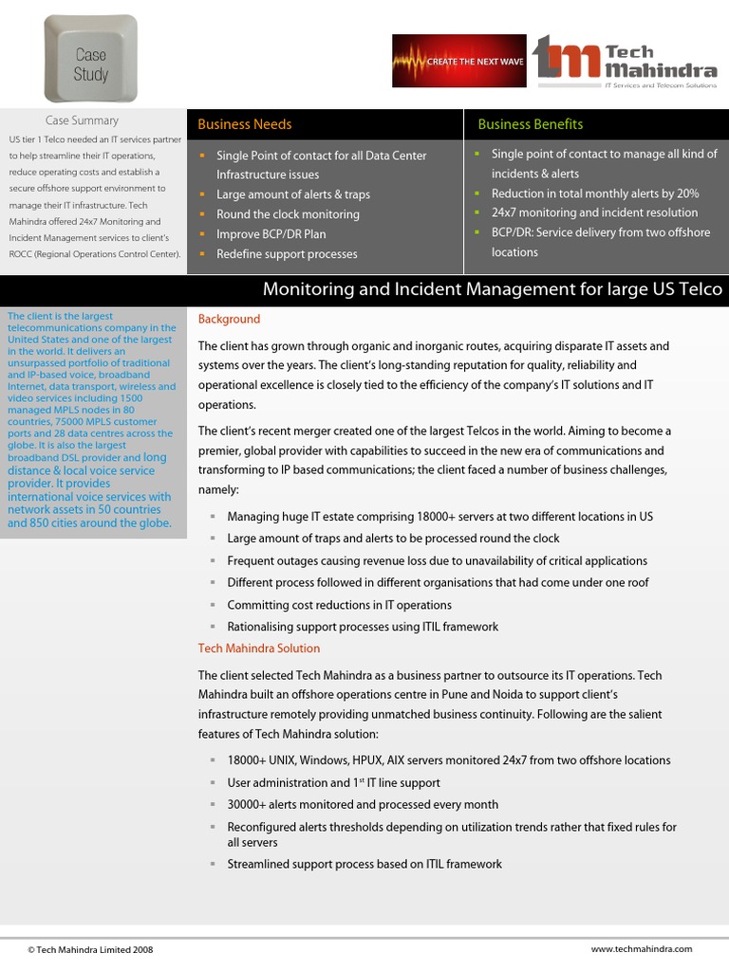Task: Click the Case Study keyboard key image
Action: (90, 59)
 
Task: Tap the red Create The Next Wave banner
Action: (459, 62)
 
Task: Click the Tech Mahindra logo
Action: (625, 62)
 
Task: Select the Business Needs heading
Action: (245, 124)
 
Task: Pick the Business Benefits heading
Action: (530, 124)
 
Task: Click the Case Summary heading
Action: (83, 120)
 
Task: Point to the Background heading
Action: (229, 320)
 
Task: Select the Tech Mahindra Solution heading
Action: (258, 649)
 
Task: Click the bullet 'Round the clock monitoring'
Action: (288, 214)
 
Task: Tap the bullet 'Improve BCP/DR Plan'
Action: (271, 234)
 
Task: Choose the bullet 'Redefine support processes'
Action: (287, 254)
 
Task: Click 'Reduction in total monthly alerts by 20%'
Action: (595, 193)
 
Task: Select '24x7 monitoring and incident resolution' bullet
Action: (594, 213)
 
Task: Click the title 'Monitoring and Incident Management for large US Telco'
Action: (492, 289)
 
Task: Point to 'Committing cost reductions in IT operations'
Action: (339, 605)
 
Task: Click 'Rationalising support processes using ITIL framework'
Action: (363, 627)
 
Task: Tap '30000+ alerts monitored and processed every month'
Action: (363, 805)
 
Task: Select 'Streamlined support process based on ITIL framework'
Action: (364, 864)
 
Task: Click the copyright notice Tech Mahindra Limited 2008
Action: (90, 949)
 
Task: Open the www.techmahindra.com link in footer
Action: (642, 948)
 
